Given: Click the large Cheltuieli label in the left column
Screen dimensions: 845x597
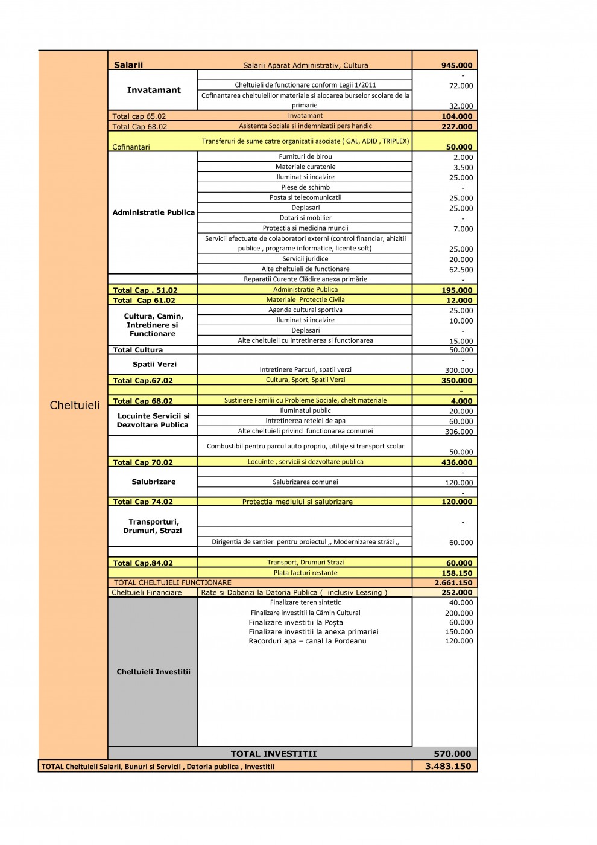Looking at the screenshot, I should point(75,405).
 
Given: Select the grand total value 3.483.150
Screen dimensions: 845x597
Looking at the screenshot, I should point(448,766).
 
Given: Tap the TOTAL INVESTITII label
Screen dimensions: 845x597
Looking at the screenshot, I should point(273,753).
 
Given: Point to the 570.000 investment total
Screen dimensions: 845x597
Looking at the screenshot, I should point(452,753).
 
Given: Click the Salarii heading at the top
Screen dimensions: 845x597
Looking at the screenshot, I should point(128,65).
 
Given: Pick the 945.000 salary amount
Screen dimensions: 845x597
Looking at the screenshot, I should point(456,65).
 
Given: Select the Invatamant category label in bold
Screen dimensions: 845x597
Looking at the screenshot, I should point(154,90).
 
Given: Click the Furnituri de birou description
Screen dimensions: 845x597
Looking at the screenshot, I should point(305,156).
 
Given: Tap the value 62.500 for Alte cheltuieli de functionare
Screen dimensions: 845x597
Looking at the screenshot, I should point(461,270).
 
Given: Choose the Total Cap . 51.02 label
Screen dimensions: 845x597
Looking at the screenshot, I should point(145,290).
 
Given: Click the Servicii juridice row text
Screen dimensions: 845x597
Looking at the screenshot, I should point(305,258).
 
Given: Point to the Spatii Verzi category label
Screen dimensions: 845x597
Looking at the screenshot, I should point(154,364).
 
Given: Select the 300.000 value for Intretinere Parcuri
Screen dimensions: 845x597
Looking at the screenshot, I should point(458,371).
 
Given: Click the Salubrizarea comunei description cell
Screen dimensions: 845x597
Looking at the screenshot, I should point(305,482).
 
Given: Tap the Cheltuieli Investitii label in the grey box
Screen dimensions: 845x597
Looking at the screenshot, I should point(153,671).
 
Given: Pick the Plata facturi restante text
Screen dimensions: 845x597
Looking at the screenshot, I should point(305,573).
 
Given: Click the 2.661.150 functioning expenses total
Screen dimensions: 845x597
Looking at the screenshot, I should point(453,583).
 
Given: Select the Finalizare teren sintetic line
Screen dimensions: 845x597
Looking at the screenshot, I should point(305,602).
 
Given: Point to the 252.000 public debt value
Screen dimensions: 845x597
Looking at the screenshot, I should point(456,593).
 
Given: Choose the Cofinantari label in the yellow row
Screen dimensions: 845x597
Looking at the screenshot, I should point(131,147).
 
